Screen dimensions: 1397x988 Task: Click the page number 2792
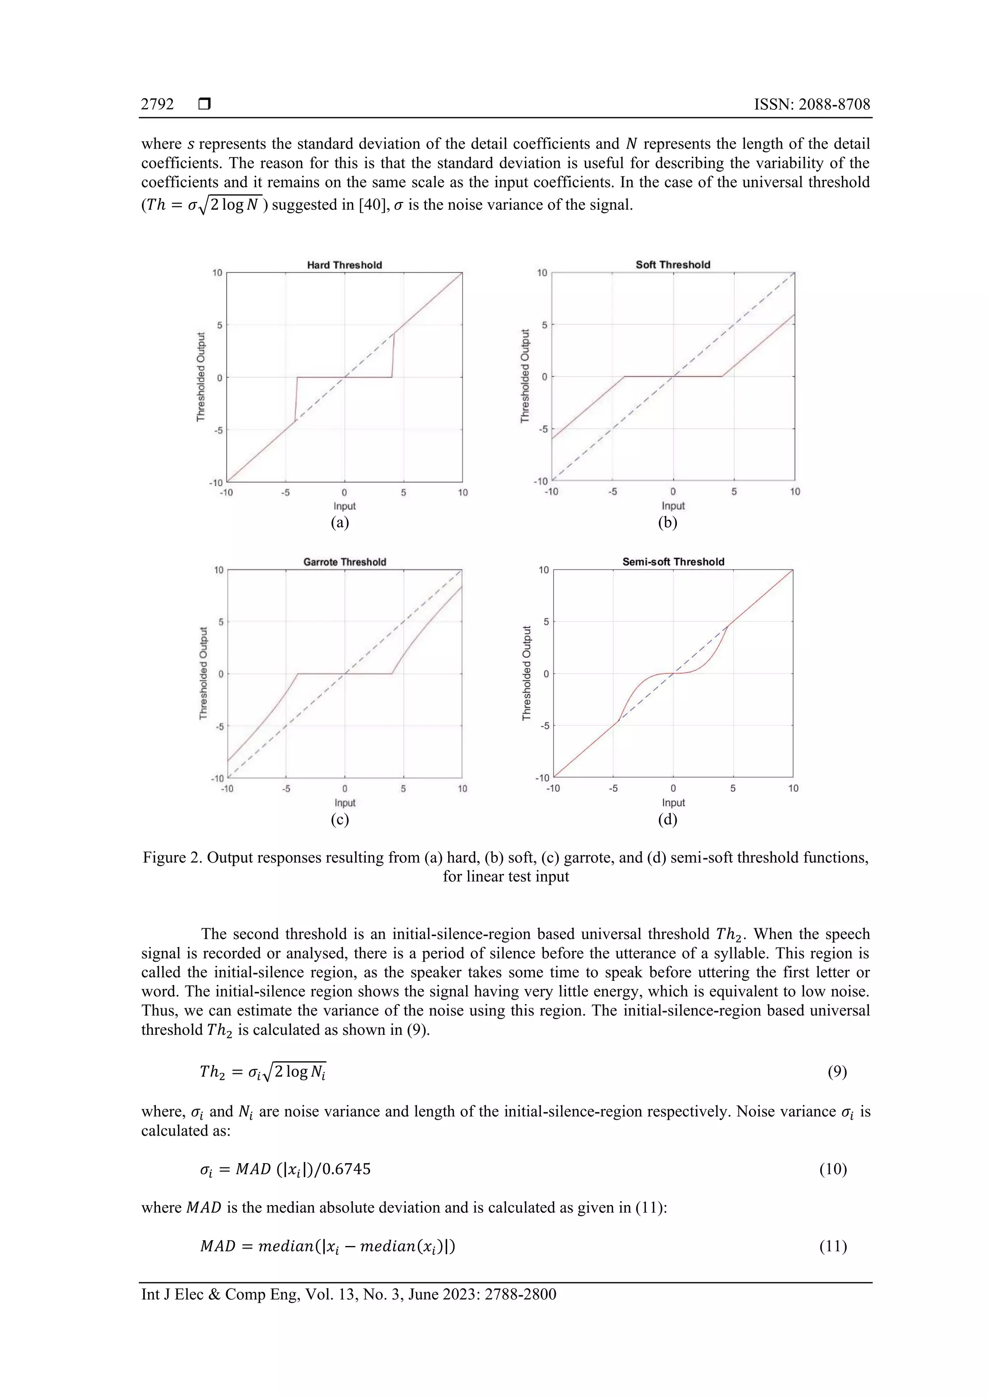[157, 105]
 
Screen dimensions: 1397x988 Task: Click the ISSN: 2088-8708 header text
[812, 105]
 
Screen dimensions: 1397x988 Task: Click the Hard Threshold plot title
[344, 265]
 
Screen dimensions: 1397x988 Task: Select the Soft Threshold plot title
[672, 265]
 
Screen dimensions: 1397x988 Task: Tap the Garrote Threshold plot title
[344, 562]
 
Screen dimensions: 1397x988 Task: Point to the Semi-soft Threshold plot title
[672, 562]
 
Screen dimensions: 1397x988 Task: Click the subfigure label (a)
[340, 523]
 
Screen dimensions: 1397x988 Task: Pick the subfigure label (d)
[667, 820]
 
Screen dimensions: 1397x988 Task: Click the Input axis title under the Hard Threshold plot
[344, 506]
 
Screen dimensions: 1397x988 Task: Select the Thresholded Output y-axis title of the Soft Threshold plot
[525, 376]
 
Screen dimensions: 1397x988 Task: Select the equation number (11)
[833, 1246]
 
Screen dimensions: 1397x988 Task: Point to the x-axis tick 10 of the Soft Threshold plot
[795, 492]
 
